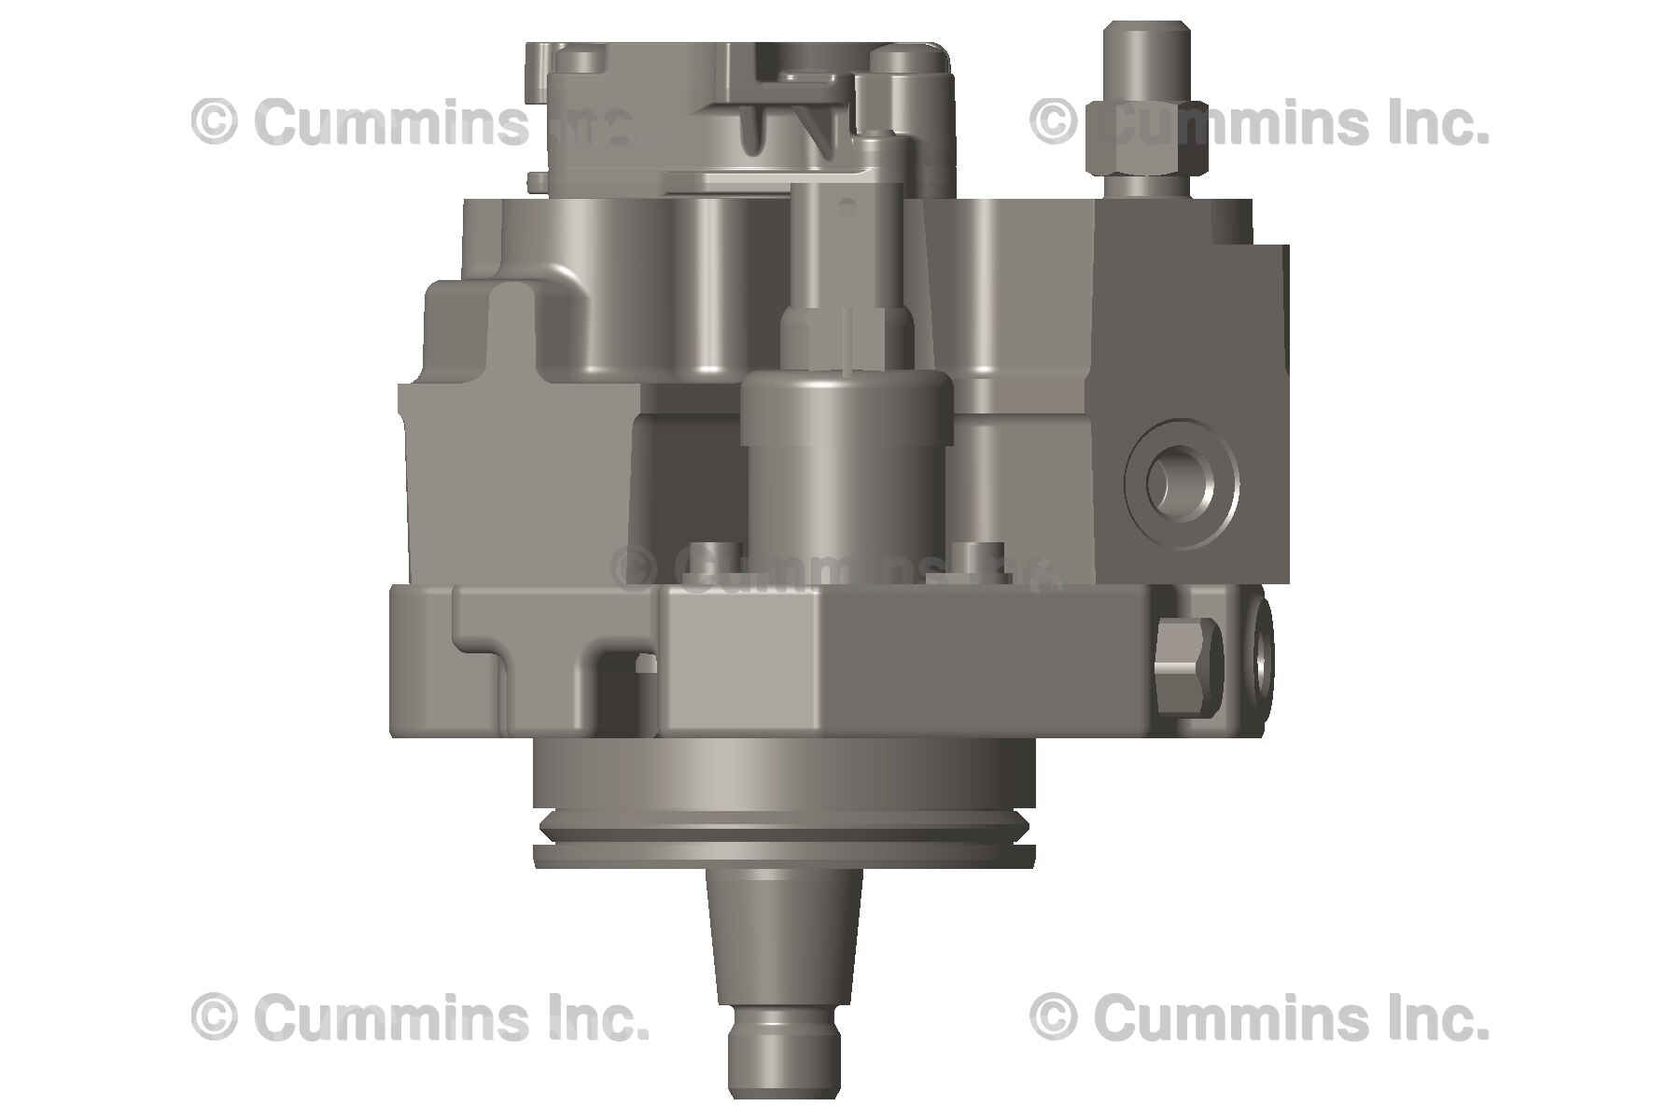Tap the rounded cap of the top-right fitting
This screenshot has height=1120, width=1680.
click(x=1146, y=56)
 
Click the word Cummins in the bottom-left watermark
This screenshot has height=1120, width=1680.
click(x=393, y=1017)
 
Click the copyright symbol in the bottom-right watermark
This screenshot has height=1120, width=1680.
click(x=1053, y=1017)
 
